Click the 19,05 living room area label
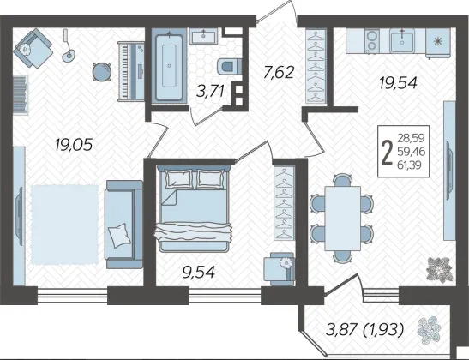click(x=74, y=145)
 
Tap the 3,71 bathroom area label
click(x=210, y=91)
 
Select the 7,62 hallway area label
click(x=279, y=72)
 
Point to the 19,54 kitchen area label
click(x=398, y=82)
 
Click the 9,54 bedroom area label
click(x=199, y=272)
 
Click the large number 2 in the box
click(x=388, y=153)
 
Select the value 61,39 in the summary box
click(x=411, y=165)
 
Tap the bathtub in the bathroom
click(x=169, y=69)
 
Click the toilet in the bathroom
click(x=229, y=66)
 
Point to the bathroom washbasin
click(x=205, y=37)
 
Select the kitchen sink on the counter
click(x=402, y=41)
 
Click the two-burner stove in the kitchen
click(x=372, y=41)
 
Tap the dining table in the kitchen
click(x=342, y=218)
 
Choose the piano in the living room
click(x=131, y=71)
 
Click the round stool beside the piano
click(x=101, y=72)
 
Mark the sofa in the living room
click(x=123, y=224)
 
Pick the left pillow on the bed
click(x=179, y=179)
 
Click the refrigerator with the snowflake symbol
click(x=438, y=43)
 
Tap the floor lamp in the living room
click(x=68, y=45)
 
